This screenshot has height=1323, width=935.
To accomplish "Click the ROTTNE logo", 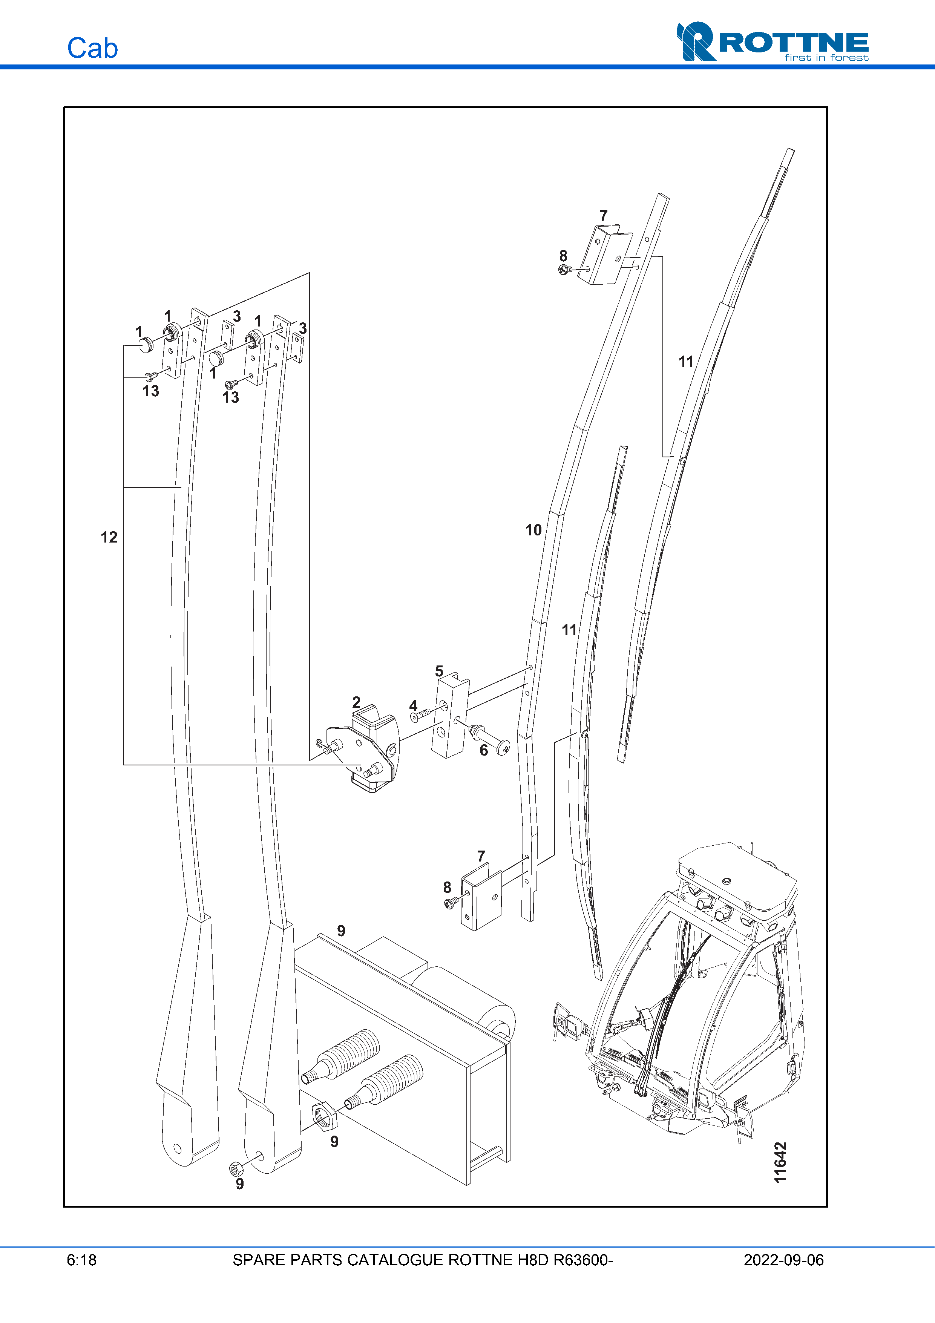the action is click(x=773, y=41).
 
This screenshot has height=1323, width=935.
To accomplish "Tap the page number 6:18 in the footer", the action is click(x=81, y=1260).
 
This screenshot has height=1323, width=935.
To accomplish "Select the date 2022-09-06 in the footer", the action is click(x=783, y=1260).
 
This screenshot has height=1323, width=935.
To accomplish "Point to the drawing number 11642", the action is click(x=780, y=1162).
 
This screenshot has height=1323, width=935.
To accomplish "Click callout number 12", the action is click(x=109, y=537).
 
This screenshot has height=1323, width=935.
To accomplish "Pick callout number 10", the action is click(x=533, y=530).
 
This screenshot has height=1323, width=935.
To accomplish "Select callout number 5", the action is click(x=439, y=671).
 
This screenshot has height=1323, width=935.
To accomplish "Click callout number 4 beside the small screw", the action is click(x=413, y=705).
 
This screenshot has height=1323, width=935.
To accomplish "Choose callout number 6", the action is click(x=484, y=750).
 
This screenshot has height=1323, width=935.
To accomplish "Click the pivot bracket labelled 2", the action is click(x=369, y=749).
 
